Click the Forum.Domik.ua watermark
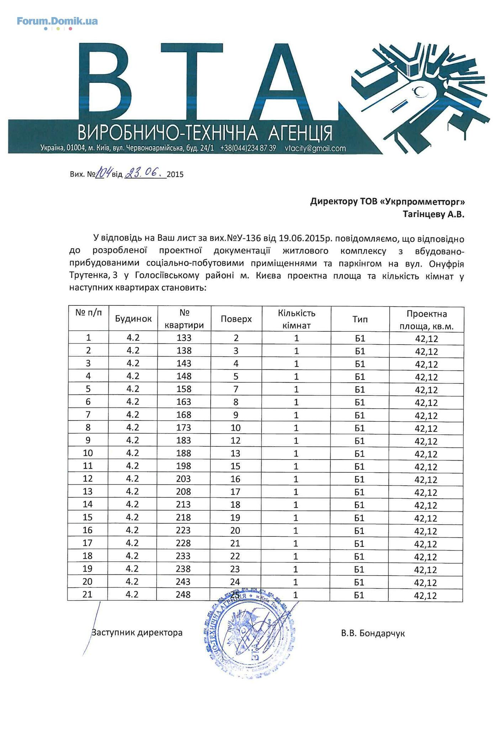pos(57,21)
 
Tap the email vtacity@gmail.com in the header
pos(315,148)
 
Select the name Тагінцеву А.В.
pos(433,215)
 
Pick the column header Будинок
pos(133,319)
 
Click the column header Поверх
pos(236,319)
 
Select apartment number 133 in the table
pos(184,338)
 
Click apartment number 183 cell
pos(184,440)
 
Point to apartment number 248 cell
pos(184,594)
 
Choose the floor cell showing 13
pos(236,453)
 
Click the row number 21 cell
pos(88,594)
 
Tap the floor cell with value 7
pos(236,389)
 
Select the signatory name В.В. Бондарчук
pos(373,633)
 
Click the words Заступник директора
pos(137,633)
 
